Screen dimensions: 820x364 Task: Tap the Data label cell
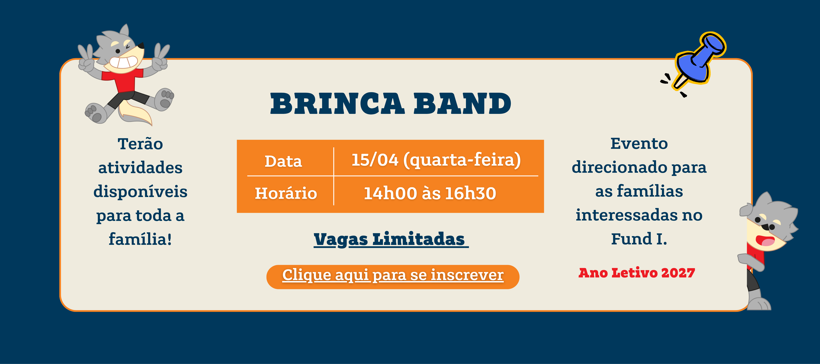click(x=283, y=161)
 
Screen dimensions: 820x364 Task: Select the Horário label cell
click(x=286, y=193)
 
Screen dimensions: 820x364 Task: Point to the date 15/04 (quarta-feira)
click(x=436, y=160)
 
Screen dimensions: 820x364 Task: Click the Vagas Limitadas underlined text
click(x=391, y=239)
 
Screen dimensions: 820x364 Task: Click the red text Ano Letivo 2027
click(x=637, y=273)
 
